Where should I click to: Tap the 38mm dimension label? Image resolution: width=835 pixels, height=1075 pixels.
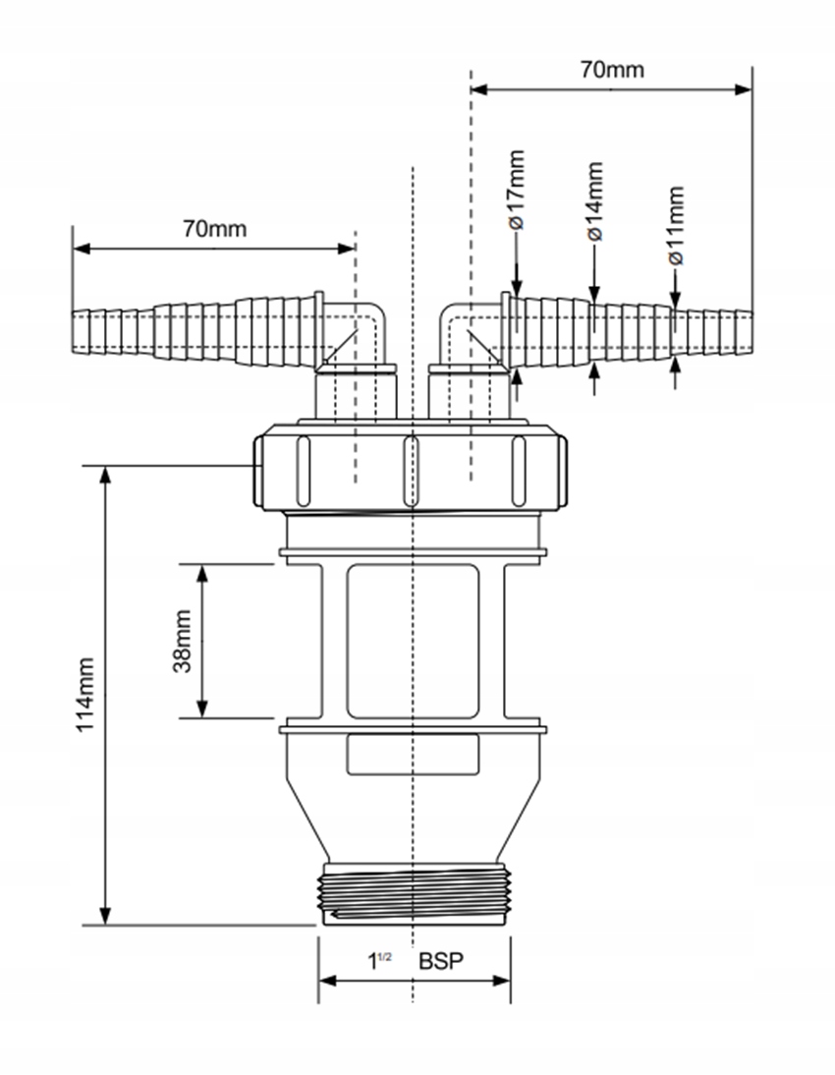point(182,640)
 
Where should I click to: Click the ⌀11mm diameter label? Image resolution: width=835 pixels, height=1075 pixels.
point(675,226)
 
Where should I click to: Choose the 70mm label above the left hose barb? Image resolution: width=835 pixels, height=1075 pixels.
point(214,229)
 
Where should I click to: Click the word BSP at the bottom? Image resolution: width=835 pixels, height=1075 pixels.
point(440,961)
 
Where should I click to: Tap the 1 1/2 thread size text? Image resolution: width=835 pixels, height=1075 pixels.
point(378,961)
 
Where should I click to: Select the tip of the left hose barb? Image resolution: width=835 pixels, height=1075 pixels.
point(77,333)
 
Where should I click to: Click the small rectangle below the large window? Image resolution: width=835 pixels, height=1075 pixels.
point(413,754)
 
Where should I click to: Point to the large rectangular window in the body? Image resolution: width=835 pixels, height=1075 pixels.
point(413,641)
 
